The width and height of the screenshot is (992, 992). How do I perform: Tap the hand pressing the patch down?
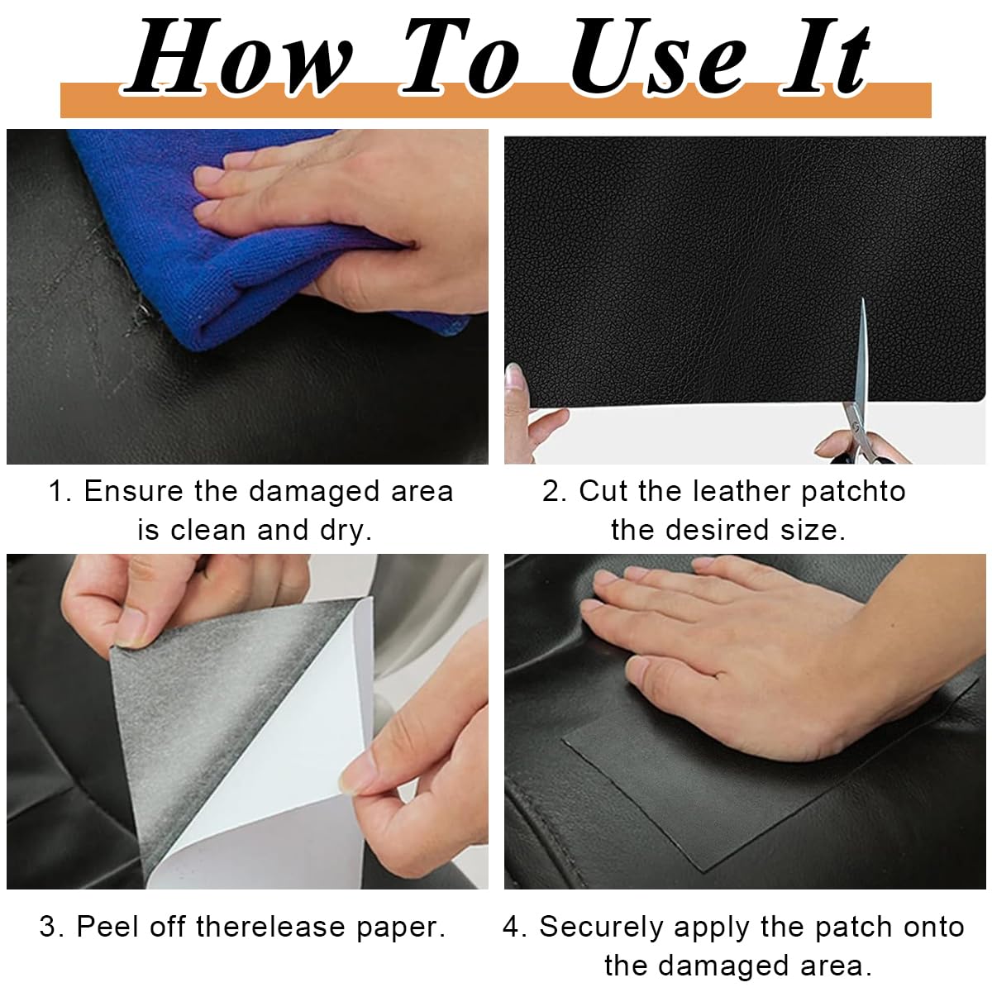(744, 628)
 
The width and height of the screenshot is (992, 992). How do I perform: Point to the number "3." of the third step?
(52, 927)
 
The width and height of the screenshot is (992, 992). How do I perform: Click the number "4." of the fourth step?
(515, 927)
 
